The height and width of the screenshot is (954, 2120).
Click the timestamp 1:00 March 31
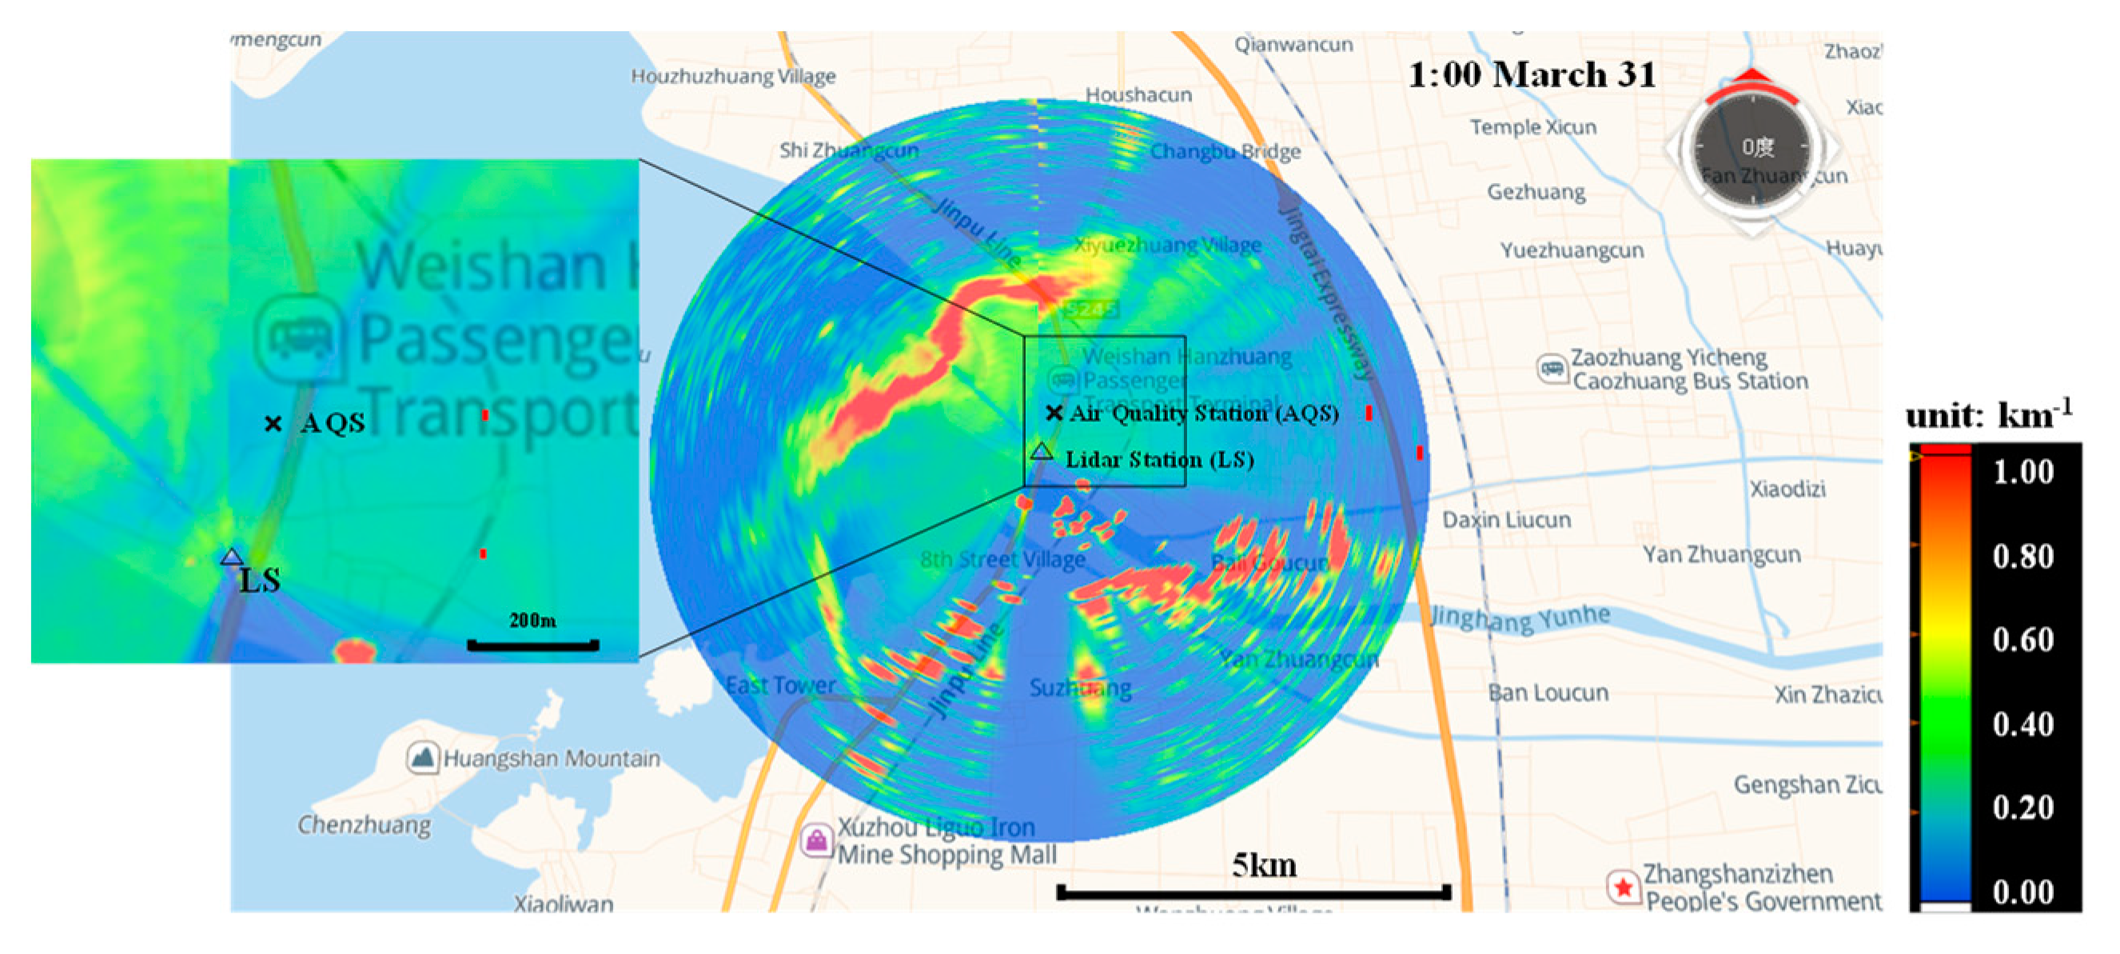(x=1532, y=74)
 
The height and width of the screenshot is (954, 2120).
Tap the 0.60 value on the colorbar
(x=2023, y=639)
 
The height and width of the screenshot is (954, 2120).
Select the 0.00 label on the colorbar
(x=2023, y=892)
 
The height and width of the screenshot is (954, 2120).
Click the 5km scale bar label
(x=1264, y=865)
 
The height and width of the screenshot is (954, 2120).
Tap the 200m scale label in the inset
(x=532, y=620)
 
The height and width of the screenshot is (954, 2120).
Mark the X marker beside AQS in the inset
(x=273, y=423)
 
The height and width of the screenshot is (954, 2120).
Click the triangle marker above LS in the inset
(x=232, y=557)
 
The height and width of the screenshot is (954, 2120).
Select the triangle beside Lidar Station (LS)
(x=1041, y=450)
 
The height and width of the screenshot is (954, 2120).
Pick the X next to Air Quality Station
(x=1054, y=413)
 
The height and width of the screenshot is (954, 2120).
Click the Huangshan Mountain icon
(x=422, y=757)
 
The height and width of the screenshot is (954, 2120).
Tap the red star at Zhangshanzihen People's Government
(x=1623, y=888)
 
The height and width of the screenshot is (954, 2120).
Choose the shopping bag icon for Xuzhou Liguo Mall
(x=816, y=840)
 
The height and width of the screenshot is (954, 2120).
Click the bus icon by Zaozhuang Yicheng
(x=1552, y=368)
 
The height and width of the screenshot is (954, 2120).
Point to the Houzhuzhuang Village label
(x=732, y=77)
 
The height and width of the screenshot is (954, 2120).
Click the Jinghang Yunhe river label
(x=1519, y=617)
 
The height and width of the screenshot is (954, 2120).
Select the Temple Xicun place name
(x=1532, y=128)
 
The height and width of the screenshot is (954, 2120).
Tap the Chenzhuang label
(x=364, y=824)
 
